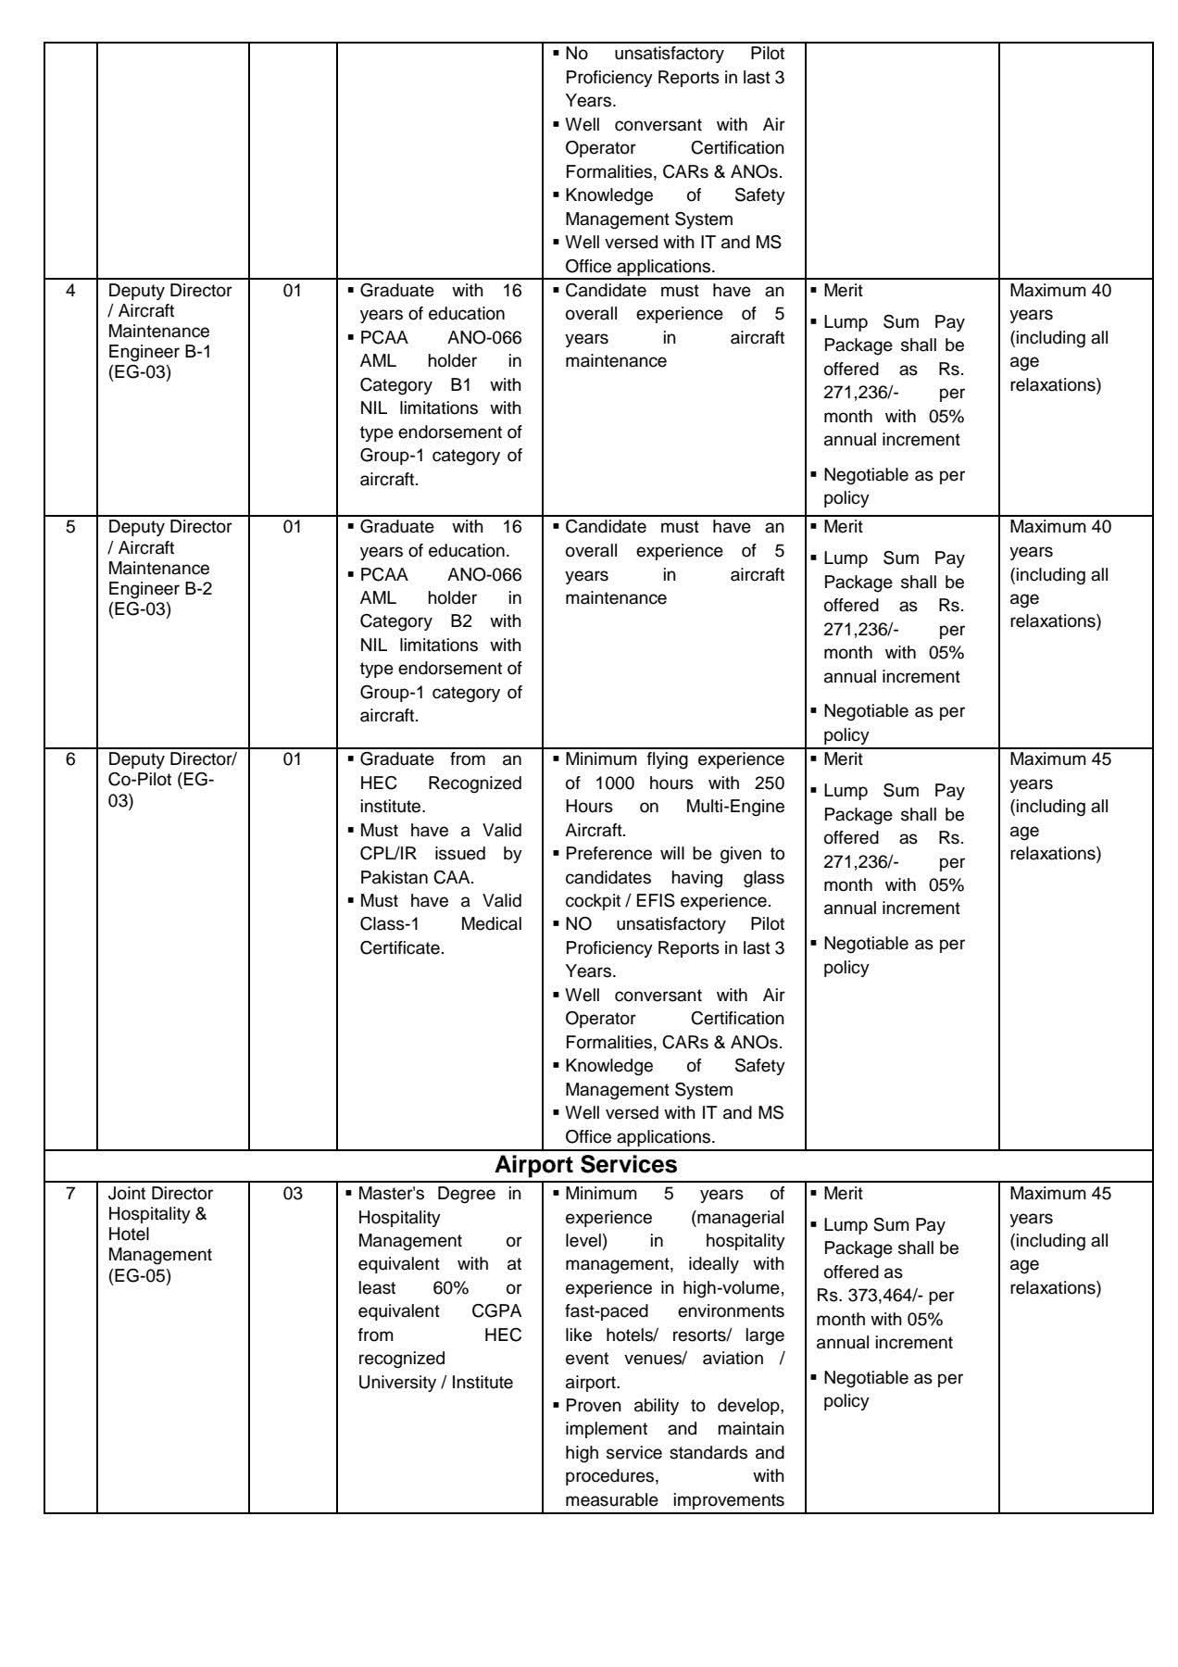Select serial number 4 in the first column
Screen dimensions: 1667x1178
[x=70, y=291]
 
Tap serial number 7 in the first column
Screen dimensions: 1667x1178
[x=70, y=1194]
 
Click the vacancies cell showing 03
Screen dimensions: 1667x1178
[x=293, y=1194]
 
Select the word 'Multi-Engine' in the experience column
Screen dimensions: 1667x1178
[x=734, y=807]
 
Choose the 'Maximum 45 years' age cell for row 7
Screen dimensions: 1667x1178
[x=1060, y=1205]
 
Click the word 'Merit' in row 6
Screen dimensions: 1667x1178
[x=843, y=759]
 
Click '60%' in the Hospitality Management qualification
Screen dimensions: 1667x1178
[x=450, y=1288]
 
